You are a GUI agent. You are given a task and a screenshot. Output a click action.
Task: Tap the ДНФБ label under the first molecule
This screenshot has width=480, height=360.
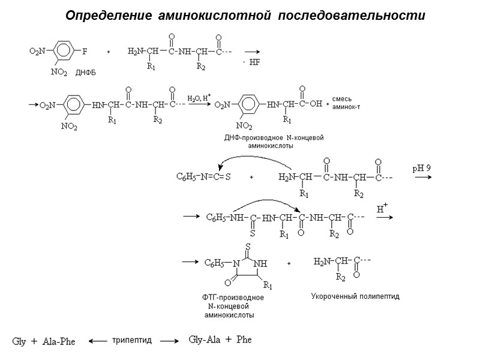(86, 73)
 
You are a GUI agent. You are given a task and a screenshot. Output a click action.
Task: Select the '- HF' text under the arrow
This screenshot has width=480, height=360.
(250, 63)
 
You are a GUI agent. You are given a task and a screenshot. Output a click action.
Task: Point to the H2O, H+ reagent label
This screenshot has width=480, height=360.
(198, 97)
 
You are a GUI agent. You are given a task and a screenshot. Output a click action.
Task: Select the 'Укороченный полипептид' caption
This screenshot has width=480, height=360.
(355, 296)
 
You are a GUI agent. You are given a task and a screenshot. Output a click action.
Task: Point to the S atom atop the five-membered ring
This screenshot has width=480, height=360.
(247, 245)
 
